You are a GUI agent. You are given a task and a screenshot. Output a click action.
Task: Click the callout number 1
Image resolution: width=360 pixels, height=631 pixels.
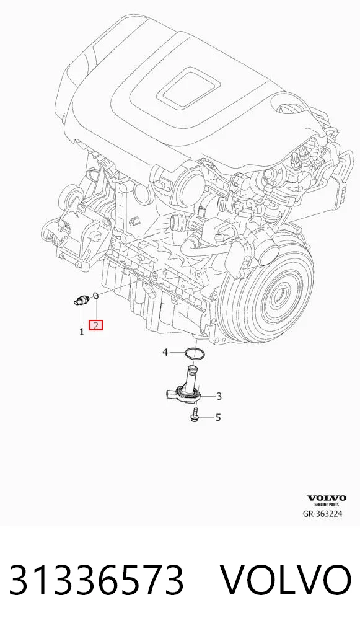(x=82, y=332)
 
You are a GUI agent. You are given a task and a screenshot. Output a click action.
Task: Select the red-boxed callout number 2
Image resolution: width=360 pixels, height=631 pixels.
(x=96, y=325)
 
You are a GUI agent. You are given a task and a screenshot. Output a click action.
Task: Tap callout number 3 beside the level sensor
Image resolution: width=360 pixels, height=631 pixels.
(x=219, y=396)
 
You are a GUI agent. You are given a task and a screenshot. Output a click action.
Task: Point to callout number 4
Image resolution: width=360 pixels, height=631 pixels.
(x=165, y=353)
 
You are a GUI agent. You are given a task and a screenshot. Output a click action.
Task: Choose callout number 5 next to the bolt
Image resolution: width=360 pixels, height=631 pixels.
(x=218, y=417)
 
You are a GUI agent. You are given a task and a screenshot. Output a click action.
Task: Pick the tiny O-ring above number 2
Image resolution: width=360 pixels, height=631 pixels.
(x=96, y=296)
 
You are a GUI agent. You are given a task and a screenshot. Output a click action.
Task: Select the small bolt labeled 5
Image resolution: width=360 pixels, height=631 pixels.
(x=194, y=415)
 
